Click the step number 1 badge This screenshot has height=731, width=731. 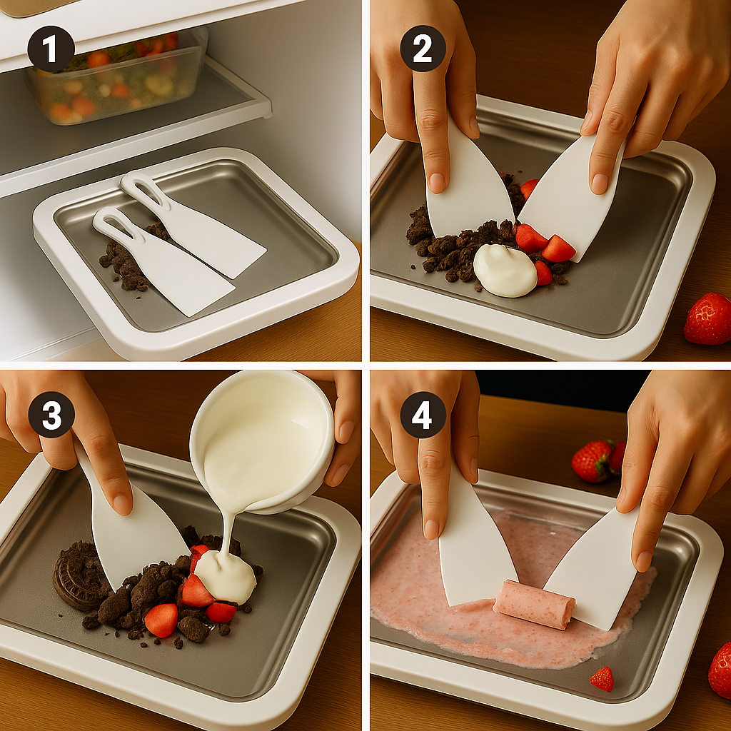pos(51,49)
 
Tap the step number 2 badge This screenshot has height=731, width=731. pos(423,49)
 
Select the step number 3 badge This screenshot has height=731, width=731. pos(51,415)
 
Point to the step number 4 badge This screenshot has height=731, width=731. pos(423,415)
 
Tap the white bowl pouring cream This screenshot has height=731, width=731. pos(263,440)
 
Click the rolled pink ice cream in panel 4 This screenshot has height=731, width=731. pos(534,604)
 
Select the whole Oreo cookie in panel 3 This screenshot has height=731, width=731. pos(74,578)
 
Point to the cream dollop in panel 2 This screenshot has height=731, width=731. pos(505,271)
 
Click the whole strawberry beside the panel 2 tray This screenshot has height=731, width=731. pos(707,318)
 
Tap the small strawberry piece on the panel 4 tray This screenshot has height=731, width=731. pos(603,680)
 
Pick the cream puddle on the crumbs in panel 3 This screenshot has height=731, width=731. pos(225,577)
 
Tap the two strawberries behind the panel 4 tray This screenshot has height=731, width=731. pos(598,460)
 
